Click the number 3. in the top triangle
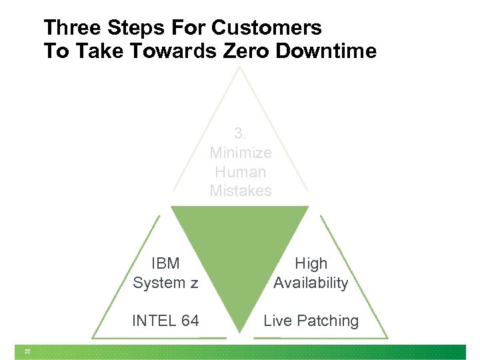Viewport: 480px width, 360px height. (241, 133)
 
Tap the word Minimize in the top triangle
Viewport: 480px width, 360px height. (241, 153)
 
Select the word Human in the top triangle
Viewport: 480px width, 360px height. (241, 171)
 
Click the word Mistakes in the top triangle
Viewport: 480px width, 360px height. (241, 191)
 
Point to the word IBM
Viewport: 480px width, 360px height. (165, 263)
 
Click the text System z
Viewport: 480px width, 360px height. (165, 283)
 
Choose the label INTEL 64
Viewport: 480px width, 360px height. (165, 321)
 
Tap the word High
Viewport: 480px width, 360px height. (311, 263)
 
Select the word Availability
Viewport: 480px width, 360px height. (311, 283)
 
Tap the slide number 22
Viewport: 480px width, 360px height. (27, 351)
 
